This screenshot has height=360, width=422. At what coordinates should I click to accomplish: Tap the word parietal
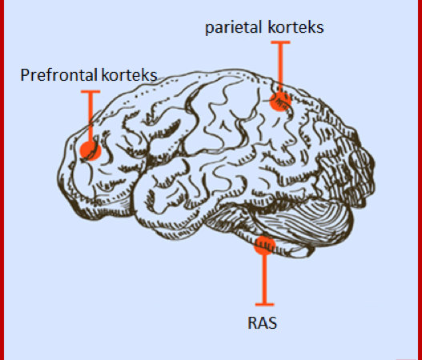[x=233, y=28]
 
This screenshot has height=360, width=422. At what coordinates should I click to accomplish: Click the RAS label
[x=262, y=323]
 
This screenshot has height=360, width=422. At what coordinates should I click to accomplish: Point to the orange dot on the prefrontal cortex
[x=90, y=150]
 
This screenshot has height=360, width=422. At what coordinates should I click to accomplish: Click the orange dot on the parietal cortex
[x=280, y=101]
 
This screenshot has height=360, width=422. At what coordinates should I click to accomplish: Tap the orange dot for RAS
[x=265, y=245]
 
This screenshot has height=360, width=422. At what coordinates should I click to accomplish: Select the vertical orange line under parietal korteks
[x=280, y=67]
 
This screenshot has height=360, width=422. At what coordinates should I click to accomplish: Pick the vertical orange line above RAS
[x=265, y=279]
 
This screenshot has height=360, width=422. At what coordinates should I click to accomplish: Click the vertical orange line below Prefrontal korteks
[x=90, y=117]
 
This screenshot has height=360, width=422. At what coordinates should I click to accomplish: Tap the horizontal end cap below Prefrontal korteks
[x=90, y=92]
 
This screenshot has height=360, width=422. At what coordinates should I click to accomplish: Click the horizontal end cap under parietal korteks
[x=280, y=42]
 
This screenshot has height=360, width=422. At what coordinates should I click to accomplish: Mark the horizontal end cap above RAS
[x=265, y=305]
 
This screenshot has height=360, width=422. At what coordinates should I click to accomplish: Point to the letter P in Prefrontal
[x=25, y=74]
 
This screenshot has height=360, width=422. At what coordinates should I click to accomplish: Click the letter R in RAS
[x=252, y=323]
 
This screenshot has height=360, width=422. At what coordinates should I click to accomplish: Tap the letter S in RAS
[x=272, y=323]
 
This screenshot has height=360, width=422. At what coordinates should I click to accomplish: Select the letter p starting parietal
[x=209, y=29]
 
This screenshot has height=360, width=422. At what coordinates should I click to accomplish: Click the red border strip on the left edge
[x=2, y=180]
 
